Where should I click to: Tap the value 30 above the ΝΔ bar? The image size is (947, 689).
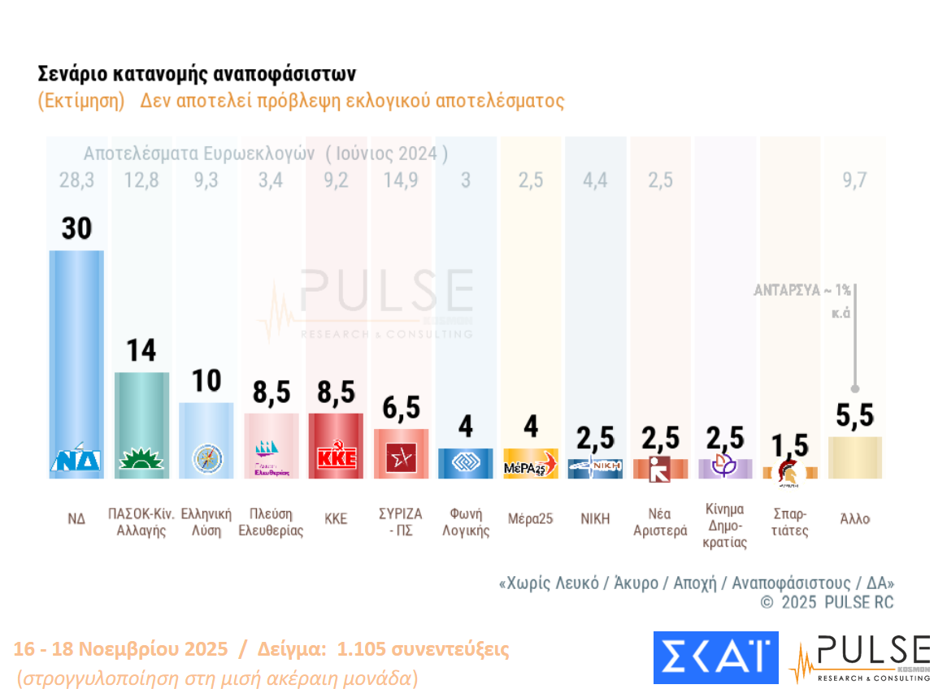[76, 229]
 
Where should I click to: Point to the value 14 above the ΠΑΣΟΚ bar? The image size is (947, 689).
[141, 351]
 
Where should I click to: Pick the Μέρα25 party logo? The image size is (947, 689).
[530, 465]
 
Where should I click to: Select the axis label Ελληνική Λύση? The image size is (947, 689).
[206, 522]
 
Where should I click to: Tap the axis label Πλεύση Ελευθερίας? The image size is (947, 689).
[271, 522]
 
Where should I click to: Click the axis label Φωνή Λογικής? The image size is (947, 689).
[466, 522]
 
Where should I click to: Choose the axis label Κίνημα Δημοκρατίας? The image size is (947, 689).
[724, 526]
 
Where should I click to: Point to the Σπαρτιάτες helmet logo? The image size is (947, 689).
[788, 472]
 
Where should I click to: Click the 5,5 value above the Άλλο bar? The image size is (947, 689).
[854, 416]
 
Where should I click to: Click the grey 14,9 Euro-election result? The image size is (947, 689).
[401, 180]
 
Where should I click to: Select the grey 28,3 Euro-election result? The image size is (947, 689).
[76, 180]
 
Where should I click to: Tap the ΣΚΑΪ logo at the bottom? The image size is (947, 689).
[715, 657]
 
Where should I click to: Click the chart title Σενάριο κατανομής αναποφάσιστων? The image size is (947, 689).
[197, 75]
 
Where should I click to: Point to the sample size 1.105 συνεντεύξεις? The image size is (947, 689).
[424, 650]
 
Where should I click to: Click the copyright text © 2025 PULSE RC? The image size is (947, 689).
[826, 603]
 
